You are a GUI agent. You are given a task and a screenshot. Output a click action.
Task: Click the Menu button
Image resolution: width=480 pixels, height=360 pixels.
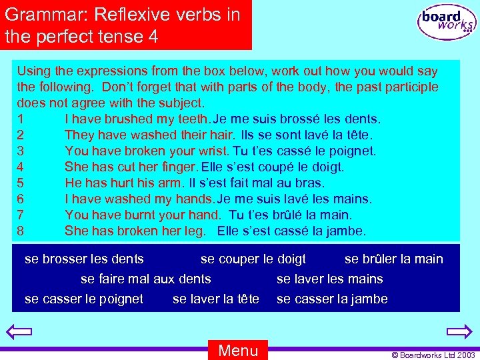click(x=238, y=350)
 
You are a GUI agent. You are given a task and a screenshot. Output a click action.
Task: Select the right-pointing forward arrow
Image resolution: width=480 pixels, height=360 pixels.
click(x=459, y=331)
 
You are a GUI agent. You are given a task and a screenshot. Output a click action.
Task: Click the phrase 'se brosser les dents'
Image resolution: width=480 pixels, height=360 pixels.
click(x=84, y=259)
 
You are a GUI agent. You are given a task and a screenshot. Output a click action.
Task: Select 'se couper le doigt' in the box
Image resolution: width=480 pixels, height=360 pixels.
click(x=253, y=259)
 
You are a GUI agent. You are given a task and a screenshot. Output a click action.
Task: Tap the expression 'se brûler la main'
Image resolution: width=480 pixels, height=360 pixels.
click(x=393, y=259)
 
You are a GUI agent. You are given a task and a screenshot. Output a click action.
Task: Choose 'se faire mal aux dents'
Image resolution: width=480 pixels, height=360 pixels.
click(x=145, y=279)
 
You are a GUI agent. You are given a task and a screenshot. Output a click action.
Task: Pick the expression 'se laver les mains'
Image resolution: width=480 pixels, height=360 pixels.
click(x=329, y=279)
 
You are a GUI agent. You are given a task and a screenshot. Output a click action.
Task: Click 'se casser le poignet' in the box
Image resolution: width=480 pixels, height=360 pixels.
click(x=84, y=299)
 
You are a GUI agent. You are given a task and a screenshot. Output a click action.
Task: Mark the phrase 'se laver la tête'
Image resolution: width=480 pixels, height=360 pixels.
click(x=216, y=299)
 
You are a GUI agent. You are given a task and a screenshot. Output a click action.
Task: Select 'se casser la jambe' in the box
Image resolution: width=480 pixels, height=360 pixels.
click(x=332, y=299)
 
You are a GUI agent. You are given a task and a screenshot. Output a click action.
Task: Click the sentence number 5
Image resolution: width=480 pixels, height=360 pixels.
click(x=21, y=183)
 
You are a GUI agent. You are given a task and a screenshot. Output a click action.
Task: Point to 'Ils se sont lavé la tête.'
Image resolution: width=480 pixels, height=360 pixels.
click(x=306, y=135)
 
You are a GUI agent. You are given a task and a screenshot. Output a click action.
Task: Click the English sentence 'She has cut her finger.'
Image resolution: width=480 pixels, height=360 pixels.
click(x=131, y=167)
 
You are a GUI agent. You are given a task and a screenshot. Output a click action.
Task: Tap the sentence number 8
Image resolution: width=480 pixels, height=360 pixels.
click(x=21, y=231)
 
